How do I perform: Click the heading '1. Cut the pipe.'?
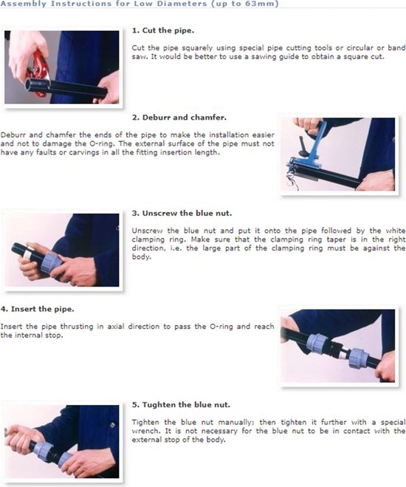pos(163,31)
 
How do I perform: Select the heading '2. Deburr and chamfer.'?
pos(179,118)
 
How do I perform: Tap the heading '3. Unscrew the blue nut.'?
pos(182,214)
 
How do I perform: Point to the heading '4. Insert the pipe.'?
pos(37,310)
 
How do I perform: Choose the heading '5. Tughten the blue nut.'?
pos(181,405)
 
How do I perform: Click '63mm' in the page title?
pos(261,4)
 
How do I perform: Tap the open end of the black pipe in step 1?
pos(29,85)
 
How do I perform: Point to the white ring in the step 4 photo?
pos(343,353)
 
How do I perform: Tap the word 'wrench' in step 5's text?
pos(145,431)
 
